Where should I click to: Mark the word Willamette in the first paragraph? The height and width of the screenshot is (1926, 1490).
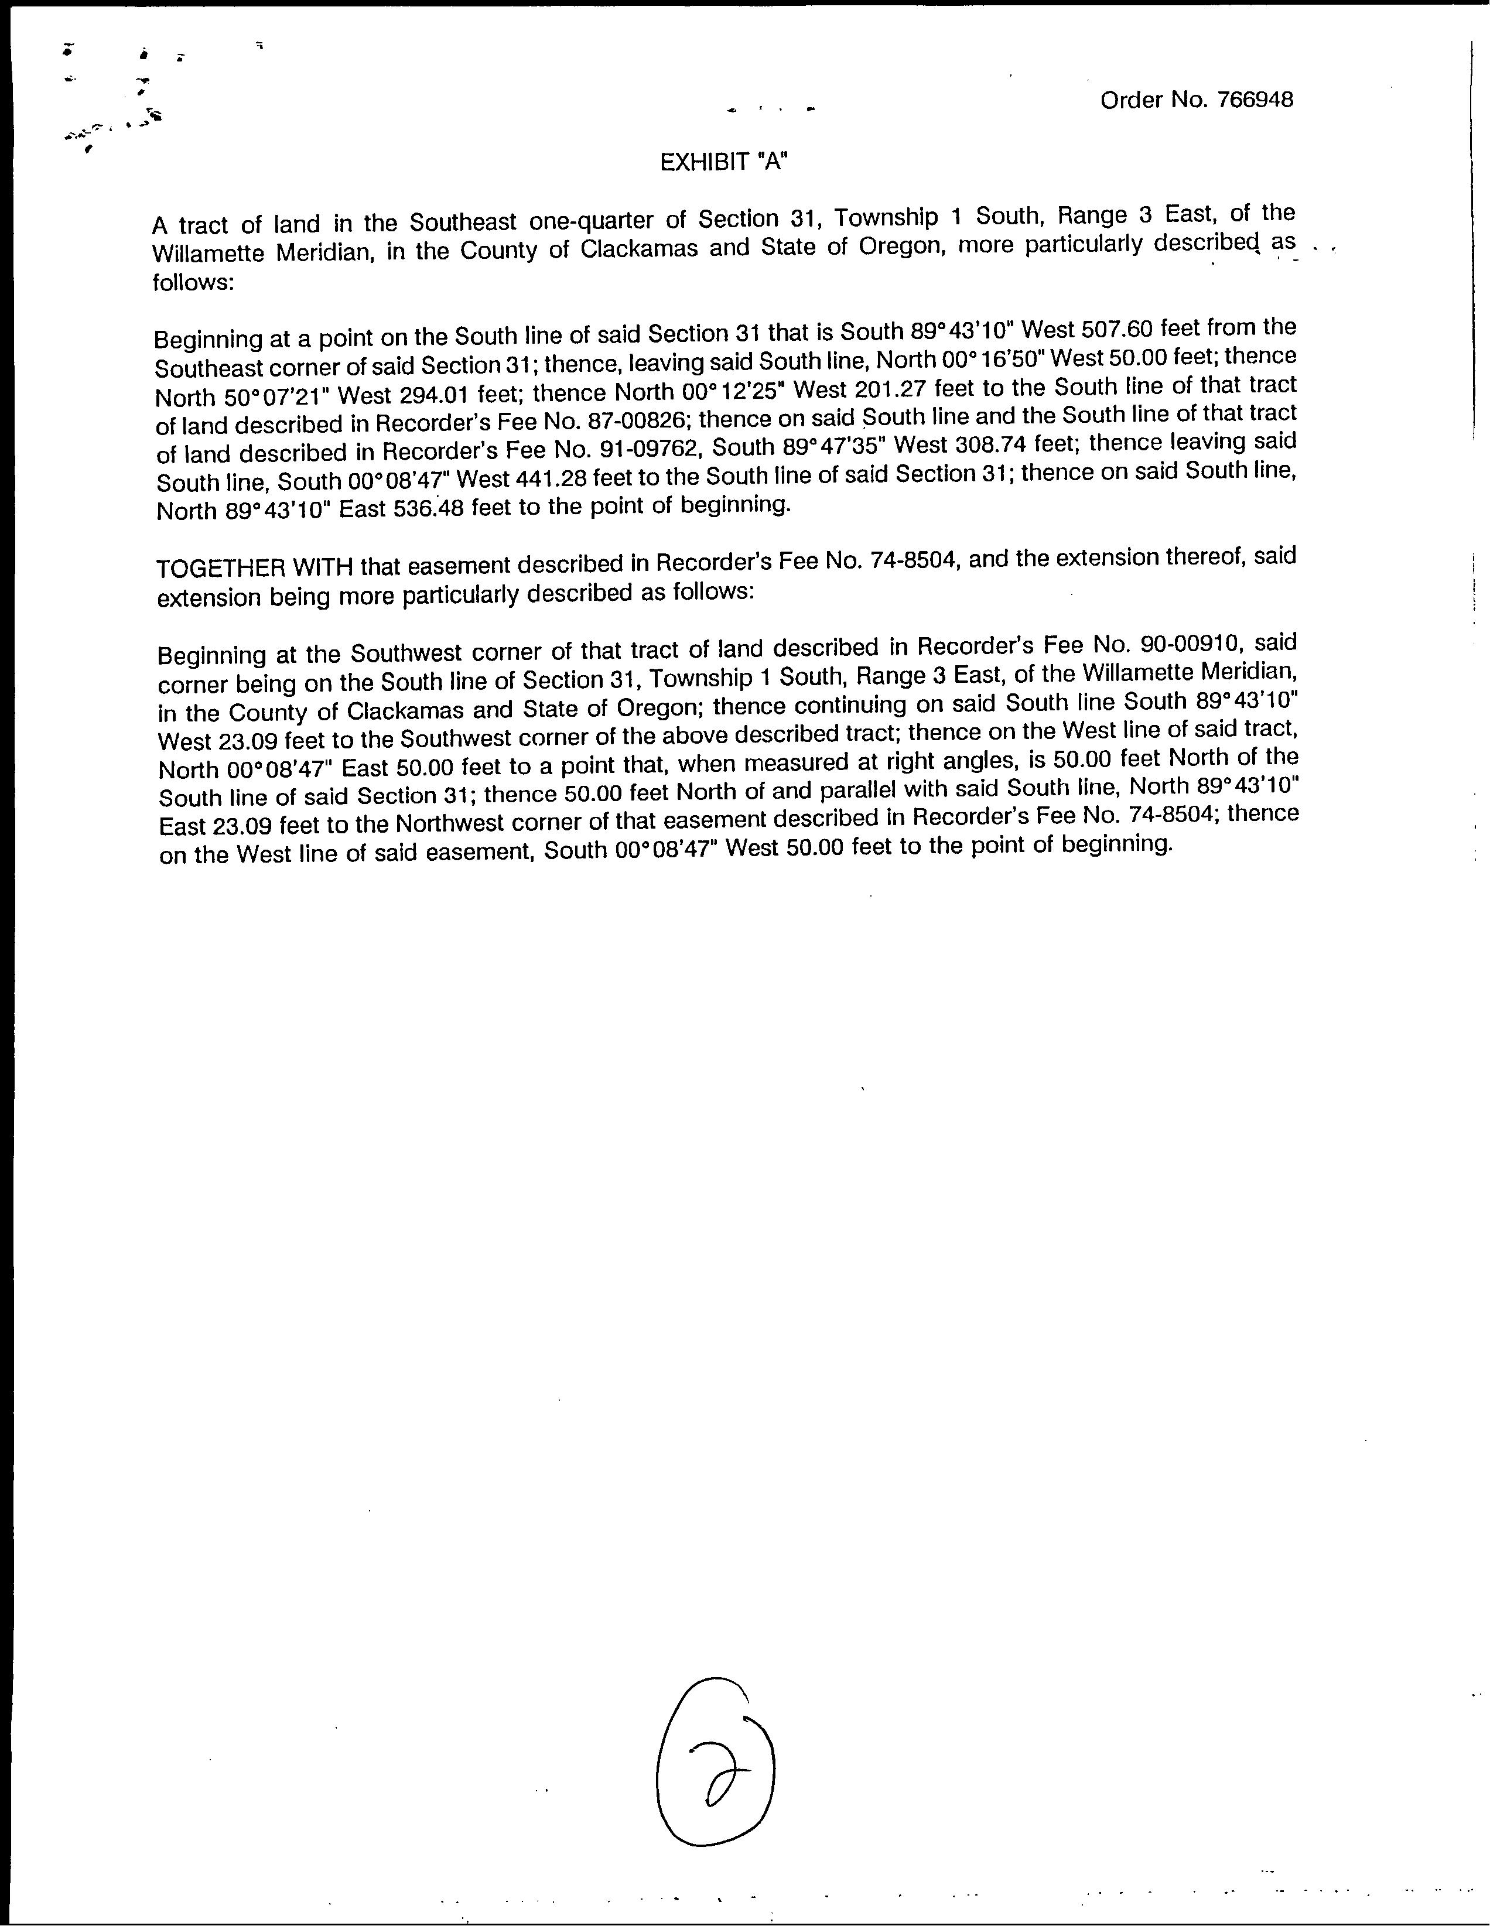[208, 253]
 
